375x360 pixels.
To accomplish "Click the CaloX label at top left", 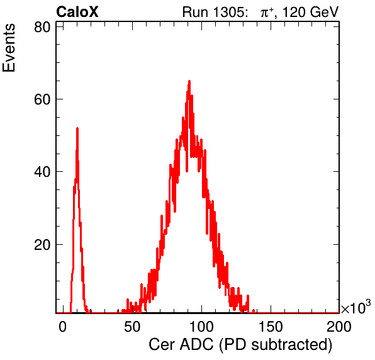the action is tap(77, 12).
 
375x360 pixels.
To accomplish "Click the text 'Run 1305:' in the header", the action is tap(214, 12).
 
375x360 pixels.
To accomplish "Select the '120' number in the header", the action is tap(294, 12).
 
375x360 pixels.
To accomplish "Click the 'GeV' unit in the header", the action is tap(324, 12).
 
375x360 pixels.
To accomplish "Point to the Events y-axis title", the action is tap(9, 48).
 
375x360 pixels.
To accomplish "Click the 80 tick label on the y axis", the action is tap(42, 27).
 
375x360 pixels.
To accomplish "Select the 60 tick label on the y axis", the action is tap(42, 99).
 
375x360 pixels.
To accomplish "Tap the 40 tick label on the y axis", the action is tap(42, 172).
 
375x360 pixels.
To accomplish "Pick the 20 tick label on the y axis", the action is tap(42, 244).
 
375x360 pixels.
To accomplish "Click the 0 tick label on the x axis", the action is tap(63, 326).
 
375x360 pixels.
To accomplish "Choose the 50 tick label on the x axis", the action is tap(132, 326).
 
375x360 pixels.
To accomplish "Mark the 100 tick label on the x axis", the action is tap(201, 326).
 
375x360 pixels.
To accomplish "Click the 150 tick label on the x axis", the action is tap(271, 326).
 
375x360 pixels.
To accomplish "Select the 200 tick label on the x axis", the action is tap(339, 326).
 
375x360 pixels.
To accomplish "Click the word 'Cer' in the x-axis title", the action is tap(162, 344).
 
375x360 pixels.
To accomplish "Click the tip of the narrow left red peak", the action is tap(77, 128).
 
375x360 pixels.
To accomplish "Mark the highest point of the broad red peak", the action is tap(189, 81).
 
